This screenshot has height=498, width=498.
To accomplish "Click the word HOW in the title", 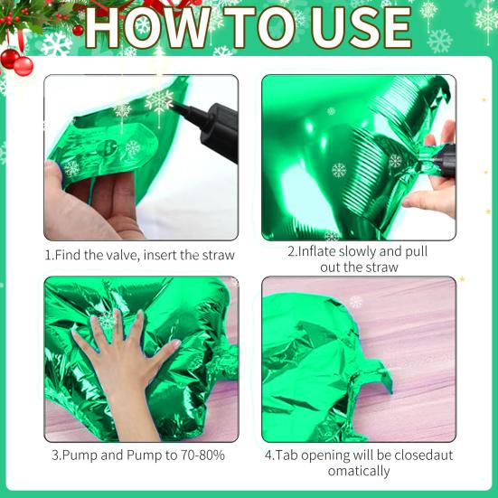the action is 147,28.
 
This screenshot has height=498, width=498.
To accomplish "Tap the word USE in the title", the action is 362,28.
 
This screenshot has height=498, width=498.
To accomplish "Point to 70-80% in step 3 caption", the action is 202,456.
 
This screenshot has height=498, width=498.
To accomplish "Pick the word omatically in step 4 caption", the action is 359,471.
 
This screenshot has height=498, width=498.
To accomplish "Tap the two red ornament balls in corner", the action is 16,62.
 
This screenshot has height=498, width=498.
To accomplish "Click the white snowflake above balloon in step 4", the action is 355,302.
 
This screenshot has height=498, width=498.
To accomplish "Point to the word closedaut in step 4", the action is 423,456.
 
